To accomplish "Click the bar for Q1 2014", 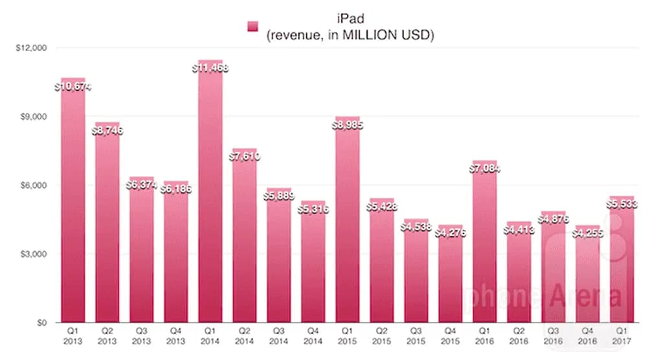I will tap(210, 194).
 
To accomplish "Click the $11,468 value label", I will tap(210, 67).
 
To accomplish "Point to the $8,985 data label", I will tap(348, 124).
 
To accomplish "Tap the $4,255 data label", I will tap(587, 234).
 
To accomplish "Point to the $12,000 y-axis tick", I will tap(30, 48).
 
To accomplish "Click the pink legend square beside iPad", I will tap(253, 26).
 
